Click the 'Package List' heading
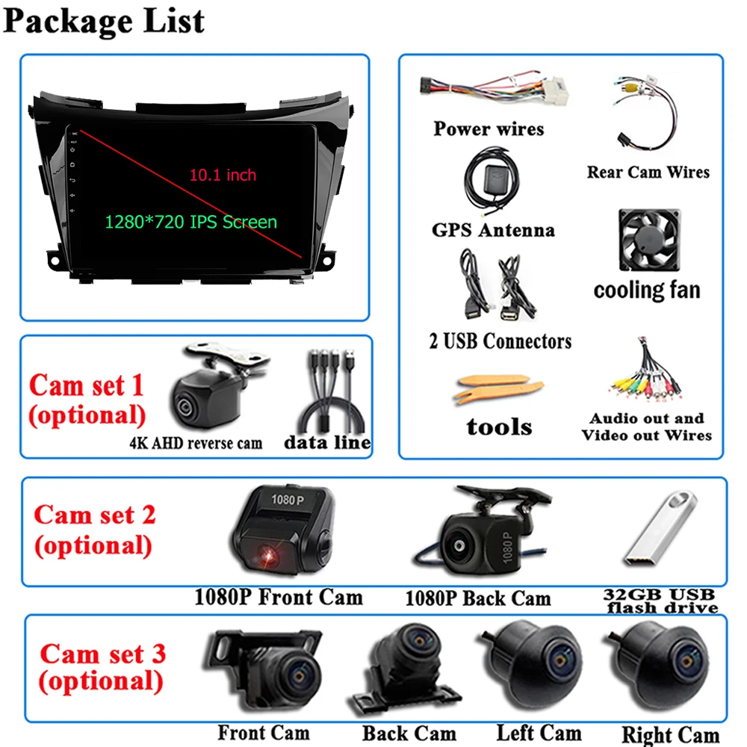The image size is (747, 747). (x=104, y=21)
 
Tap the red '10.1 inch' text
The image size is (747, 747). (x=222, y=175)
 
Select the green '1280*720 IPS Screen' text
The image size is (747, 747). (x=190, y=222)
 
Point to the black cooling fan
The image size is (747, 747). (x=648, y=241)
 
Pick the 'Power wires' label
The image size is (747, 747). (x=489, y=128)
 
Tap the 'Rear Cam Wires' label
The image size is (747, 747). (x=648, y=172)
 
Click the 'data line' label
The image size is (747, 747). (x=327, y=442)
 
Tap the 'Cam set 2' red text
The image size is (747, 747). (x=95, y=515)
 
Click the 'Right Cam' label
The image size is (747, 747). (x=670, y=735)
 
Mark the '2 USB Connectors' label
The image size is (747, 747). (x=500, y=341)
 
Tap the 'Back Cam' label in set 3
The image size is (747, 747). (x=409, y=734)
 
